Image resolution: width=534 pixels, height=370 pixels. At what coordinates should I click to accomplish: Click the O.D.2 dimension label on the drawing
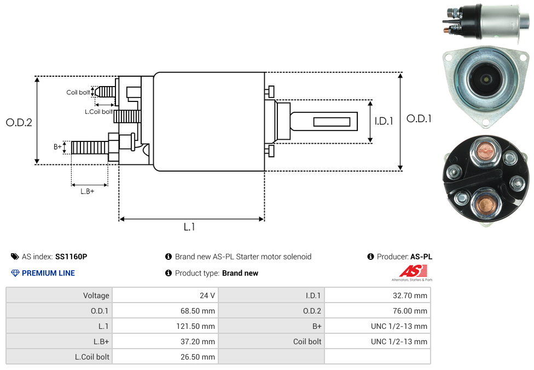[x=19, y=123]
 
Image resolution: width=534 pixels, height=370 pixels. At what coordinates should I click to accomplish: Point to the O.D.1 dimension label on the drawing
[x=419, y=118]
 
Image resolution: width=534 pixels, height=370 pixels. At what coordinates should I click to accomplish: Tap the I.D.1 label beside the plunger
[x=384, y=122]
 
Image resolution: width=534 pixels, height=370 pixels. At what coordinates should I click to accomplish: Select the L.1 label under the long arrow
[x=189, y=227]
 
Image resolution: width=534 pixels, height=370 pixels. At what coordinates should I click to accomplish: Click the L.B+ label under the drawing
[x=88, y=191]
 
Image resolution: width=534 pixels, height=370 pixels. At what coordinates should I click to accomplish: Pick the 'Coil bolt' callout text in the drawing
[x=78, y=92]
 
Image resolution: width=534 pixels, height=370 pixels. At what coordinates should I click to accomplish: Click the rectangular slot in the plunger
[x=332, y=121]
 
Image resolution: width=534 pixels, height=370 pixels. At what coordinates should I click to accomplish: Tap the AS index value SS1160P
[x=71, y=257]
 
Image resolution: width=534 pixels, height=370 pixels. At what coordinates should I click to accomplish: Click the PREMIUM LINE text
[x=48, y=273]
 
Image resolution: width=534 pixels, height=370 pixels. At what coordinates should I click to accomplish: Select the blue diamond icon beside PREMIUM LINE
[x=15, y=273]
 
